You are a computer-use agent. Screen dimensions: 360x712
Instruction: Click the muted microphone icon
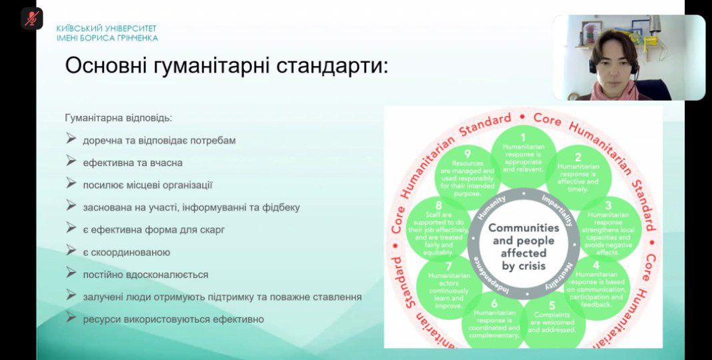pos(31,18)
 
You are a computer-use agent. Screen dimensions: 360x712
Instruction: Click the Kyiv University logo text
pos(107,33)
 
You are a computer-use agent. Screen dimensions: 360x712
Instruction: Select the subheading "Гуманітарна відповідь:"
pos(118,118)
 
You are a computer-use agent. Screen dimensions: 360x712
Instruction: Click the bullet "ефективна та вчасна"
pos(133,163)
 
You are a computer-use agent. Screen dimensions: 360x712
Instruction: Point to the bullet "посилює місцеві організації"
pos(148,185)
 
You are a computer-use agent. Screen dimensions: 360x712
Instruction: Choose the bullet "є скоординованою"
pos(127,252)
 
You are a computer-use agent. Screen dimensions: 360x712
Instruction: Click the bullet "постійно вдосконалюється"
pos(145,274)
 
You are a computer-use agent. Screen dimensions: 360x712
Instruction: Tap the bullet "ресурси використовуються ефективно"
pos(173,319)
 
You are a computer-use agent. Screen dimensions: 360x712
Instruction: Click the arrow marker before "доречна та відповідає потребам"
pos(71,140)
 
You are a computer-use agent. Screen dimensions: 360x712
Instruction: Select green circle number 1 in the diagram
pos(523,153)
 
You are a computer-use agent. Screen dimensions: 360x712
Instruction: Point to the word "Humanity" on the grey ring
pos(492,208)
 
